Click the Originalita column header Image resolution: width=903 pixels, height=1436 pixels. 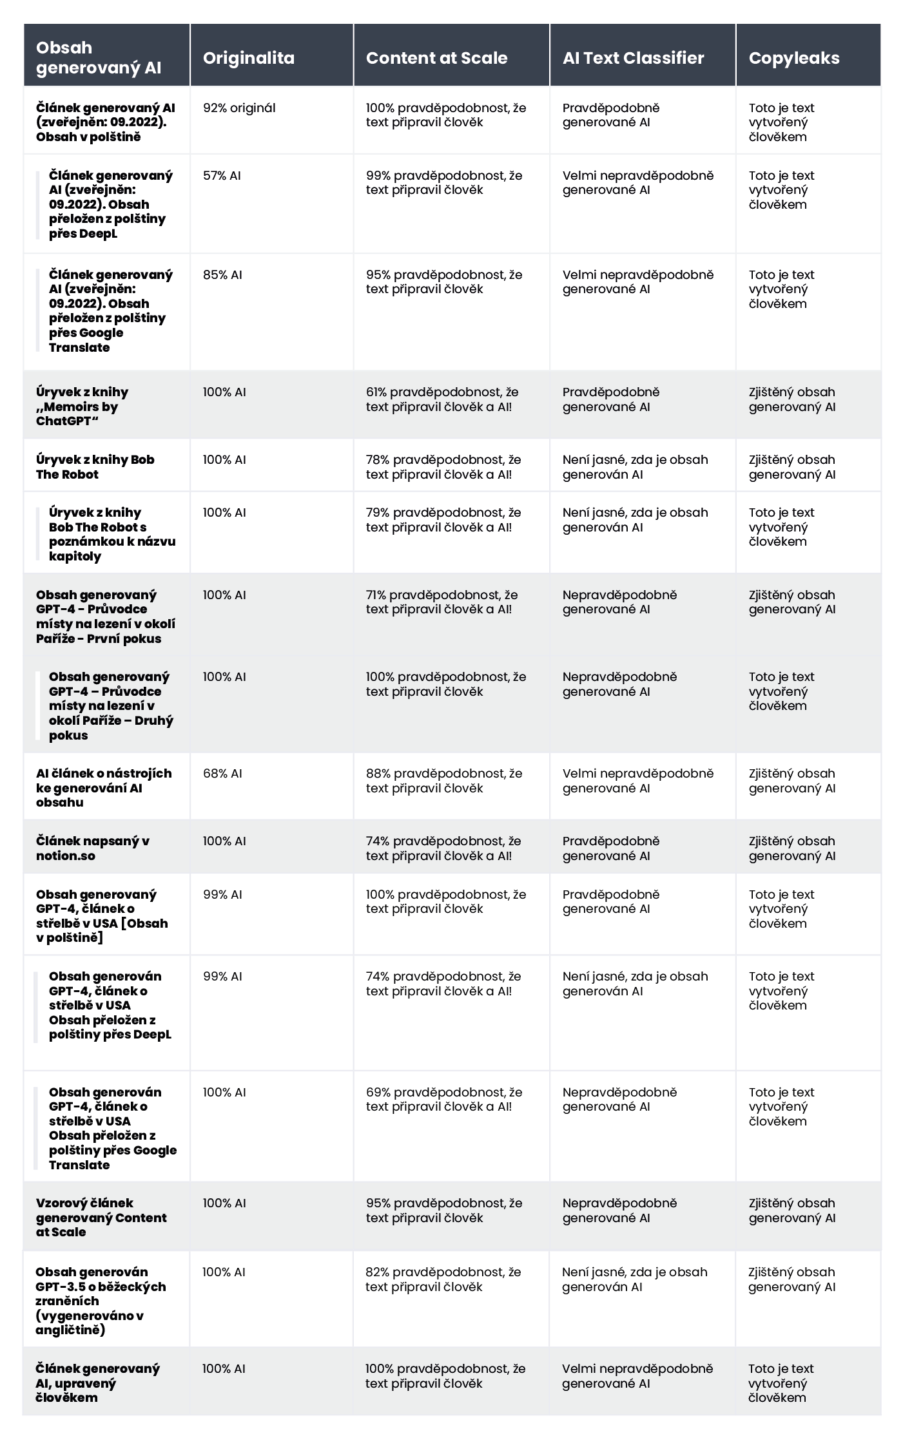[248, 58]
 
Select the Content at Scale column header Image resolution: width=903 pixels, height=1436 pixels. [436, 58]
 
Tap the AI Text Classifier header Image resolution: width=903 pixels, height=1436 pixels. [633, 58]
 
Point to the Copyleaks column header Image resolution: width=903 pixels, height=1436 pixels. [793, 58]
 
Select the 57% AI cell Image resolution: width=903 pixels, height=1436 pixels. [222, 176]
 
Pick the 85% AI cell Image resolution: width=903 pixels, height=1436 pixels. [222, 275]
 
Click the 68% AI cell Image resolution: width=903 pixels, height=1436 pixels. [222, 774]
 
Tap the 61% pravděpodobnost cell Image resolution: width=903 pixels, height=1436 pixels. [442, 399]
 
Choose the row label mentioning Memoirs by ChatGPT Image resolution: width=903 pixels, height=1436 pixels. [83, 407]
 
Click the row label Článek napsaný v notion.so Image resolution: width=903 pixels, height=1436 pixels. [93, 848]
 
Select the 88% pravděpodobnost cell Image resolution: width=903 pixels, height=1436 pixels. [444, 781]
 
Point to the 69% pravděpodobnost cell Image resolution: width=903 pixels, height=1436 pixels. [444, 1100]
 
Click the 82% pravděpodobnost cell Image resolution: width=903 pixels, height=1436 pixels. [443, 1279]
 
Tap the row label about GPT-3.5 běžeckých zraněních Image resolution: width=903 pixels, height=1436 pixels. [101, 1301]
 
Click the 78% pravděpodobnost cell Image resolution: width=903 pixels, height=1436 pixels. [443, 467]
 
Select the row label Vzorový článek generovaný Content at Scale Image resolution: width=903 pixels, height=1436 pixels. [101, 1218]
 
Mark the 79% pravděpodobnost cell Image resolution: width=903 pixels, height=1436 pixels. [443, 520]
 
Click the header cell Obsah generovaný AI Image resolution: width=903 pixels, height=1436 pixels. [99, 57]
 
